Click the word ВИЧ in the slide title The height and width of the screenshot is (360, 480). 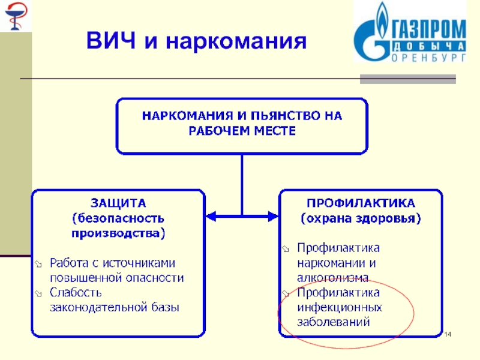111,42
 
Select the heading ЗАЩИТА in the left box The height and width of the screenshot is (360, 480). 118,202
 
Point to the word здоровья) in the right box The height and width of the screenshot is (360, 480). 386,218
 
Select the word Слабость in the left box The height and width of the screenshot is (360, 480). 76,293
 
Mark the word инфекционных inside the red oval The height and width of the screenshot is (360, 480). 340,307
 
